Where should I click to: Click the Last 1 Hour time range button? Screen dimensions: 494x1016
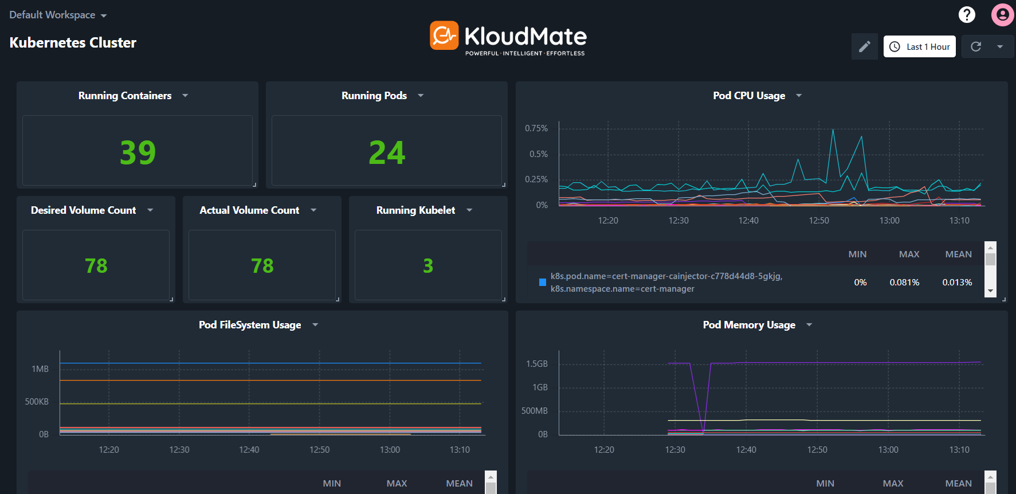click(x=920, y=47)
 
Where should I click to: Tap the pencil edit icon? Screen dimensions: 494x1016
click(x=864, y=47)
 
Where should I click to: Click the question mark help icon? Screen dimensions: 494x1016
click(x=967, y=14)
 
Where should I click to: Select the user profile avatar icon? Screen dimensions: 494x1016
click(x=1002, y=15)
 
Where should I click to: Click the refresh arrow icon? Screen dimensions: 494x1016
click(x=976, y=47)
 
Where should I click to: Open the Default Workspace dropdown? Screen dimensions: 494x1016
click(x=58, y=15)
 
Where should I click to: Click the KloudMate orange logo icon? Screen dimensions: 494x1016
click(x=444, y=36)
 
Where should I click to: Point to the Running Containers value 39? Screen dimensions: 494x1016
click(x=138, y=152)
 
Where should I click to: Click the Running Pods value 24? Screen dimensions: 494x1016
click(x=387, y=152)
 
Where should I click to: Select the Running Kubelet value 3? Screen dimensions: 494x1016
click(x=428, y=266)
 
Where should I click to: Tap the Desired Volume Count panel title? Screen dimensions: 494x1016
click(x=84, y=210)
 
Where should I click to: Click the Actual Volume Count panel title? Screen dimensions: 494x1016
click(x=249, y=210)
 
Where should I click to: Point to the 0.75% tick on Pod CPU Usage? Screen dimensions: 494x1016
click(x=536, y=128)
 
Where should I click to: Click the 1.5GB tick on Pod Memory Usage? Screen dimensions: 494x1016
click(x=537, y=364)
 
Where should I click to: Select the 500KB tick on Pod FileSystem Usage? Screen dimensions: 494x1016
click(x=37, y=402)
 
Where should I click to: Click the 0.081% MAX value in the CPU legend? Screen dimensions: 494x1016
click(x=904, y=283)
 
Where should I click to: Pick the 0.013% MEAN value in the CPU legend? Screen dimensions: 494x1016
click(x=957, y=283)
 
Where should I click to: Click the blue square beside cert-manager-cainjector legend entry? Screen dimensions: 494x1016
click(x=543, y=282)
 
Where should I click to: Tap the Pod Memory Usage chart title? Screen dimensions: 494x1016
click(x=749, y=325)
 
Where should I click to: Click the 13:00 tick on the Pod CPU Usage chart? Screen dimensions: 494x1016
click(x=889, y=221)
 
